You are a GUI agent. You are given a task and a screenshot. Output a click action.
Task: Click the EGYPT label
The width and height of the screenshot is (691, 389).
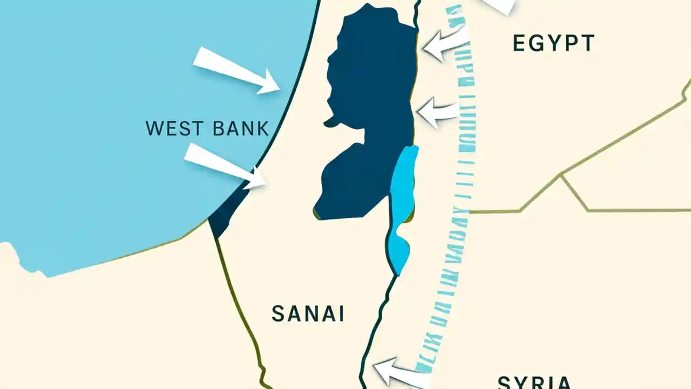click(x=553, y=43)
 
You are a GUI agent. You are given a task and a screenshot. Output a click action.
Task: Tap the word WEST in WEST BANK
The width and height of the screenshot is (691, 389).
click(x=169, y=129)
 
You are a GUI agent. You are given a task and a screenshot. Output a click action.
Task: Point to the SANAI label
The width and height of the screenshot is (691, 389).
click(x=308, y=314)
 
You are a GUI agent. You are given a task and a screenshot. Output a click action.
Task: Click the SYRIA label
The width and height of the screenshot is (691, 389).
click(x=534, y=382)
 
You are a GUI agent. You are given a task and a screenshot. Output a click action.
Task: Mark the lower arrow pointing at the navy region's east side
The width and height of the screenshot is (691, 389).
click(x=438, y=112)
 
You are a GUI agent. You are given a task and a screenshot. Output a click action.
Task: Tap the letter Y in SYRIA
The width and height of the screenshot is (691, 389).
click(x=521, y=382)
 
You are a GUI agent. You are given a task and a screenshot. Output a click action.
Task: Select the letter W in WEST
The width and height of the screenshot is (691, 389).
click(x=154, y=129)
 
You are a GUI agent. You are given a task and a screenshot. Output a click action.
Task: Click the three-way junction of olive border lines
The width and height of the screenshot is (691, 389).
click(x=562, y=175)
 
